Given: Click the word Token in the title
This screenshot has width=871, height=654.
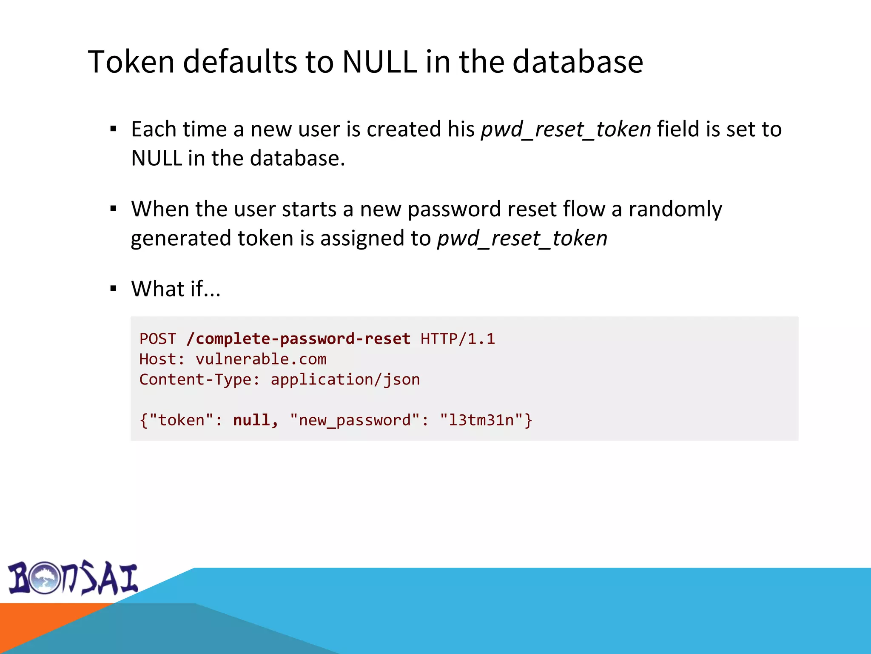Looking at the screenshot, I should (x=131, y=62).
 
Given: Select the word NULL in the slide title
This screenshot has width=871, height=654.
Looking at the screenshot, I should (x=379, y=62).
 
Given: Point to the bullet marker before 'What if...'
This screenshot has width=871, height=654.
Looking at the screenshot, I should (x=113, y=289).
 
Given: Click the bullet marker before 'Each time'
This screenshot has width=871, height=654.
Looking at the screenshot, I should (x=113, y=129).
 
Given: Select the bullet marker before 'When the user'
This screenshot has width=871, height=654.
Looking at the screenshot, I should (x=113, y=209).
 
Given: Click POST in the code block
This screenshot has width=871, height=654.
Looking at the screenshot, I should (x=158, y=339).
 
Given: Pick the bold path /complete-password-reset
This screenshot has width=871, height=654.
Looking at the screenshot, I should (x=299, y=339).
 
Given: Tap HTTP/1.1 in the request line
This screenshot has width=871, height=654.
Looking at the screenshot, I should (x=458, y=339).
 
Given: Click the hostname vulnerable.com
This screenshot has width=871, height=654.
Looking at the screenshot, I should (x=261, y=359).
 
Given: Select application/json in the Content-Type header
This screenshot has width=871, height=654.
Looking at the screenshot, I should (x=345, y=380).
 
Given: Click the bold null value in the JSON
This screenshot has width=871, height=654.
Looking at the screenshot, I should (x=251, y=421).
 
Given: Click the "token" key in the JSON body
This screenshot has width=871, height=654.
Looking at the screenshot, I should (x=181, y=421).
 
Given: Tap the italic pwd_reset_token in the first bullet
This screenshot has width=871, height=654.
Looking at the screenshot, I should (x=566, y=129).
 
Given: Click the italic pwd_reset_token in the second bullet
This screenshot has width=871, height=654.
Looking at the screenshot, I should (x=522, y=238).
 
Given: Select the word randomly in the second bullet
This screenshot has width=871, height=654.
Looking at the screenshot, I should (x=675, y=209).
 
